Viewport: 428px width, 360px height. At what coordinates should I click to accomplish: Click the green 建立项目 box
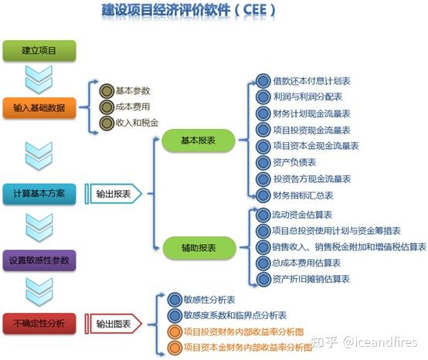[x=39, y=50]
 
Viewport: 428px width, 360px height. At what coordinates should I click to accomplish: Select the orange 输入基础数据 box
[x=39, y=108]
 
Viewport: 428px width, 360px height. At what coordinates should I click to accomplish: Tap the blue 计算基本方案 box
[x=39, y=194]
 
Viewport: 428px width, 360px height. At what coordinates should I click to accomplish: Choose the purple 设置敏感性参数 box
[x=39, y=260]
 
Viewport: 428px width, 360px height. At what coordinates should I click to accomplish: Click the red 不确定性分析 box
[x=39, y=324]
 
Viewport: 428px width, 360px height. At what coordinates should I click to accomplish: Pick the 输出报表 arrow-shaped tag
[x=114, y=194]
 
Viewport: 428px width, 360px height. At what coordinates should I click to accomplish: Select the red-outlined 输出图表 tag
[x=114, y=324]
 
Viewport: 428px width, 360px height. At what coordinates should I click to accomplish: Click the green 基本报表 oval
[x=199, y=141]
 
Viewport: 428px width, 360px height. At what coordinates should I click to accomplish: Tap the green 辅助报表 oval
[x=199, y=248]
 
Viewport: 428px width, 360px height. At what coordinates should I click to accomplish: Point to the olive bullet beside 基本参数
[x=107, y=91]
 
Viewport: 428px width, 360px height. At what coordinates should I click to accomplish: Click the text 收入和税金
[x=137, y=123]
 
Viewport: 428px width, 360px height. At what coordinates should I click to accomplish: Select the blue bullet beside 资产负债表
[x=263, y=163]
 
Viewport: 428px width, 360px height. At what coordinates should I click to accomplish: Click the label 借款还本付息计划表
[x=311, y=81]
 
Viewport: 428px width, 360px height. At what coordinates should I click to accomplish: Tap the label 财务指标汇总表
[x=303, y=195]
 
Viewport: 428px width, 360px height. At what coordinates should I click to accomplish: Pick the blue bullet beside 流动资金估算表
[x=263, y=215]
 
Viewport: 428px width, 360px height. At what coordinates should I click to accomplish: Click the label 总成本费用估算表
[x=306, y=263]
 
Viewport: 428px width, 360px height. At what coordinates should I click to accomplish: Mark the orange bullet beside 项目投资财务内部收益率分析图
[x=175, y=332]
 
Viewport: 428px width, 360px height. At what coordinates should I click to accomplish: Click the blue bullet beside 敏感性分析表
[x=175, y=300]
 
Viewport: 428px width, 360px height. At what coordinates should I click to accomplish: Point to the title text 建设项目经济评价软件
[x=166, y=10]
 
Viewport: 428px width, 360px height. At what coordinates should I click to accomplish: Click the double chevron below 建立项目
[x=39, y=79]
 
